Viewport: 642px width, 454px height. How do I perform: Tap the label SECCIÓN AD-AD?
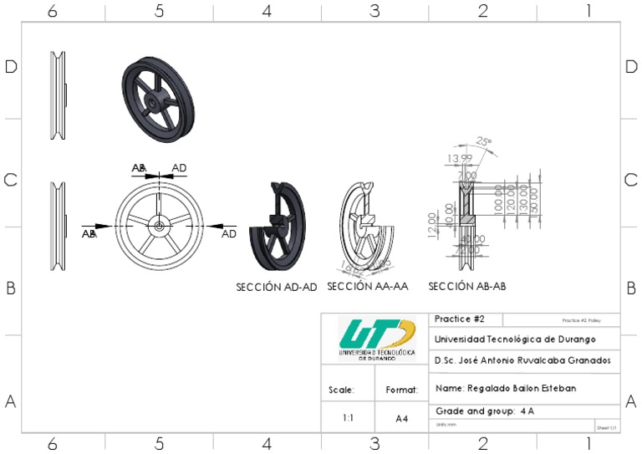pyautogui.click(x=277, y=287)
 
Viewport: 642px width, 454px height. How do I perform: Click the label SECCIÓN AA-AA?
pyautogui.click(x=368, y=287)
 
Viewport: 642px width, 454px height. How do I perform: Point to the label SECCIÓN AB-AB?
pyautogui.click(x=467, y=287)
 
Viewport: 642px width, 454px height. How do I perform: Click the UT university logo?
pyautogui.click(x=376, y=337)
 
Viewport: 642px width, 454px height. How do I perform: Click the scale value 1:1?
pyautogui.click(x=347, y=417)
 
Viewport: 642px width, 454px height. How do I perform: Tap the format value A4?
pyautogui.click(x=402, y=417)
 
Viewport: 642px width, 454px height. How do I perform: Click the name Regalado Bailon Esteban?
pyautogui.click(x=505, y=389)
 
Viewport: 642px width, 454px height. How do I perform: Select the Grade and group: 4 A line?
pyautogui.click(x=484, y=411)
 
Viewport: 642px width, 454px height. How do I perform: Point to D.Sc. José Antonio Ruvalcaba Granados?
pyautogui.click(x=522, y=360)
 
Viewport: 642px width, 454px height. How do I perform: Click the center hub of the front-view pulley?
pyautogui.click(x=159, y=225)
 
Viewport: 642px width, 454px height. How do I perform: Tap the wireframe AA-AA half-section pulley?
pyautogui.click(x=368, y=224)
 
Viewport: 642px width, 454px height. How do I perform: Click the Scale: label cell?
pyautogui.click(x=347, y=390)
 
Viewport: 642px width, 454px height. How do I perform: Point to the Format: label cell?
pyautogui.click(x=402, y=390)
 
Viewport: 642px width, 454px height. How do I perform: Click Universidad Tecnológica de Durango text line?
pyautogui.click(x=514, y=339)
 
